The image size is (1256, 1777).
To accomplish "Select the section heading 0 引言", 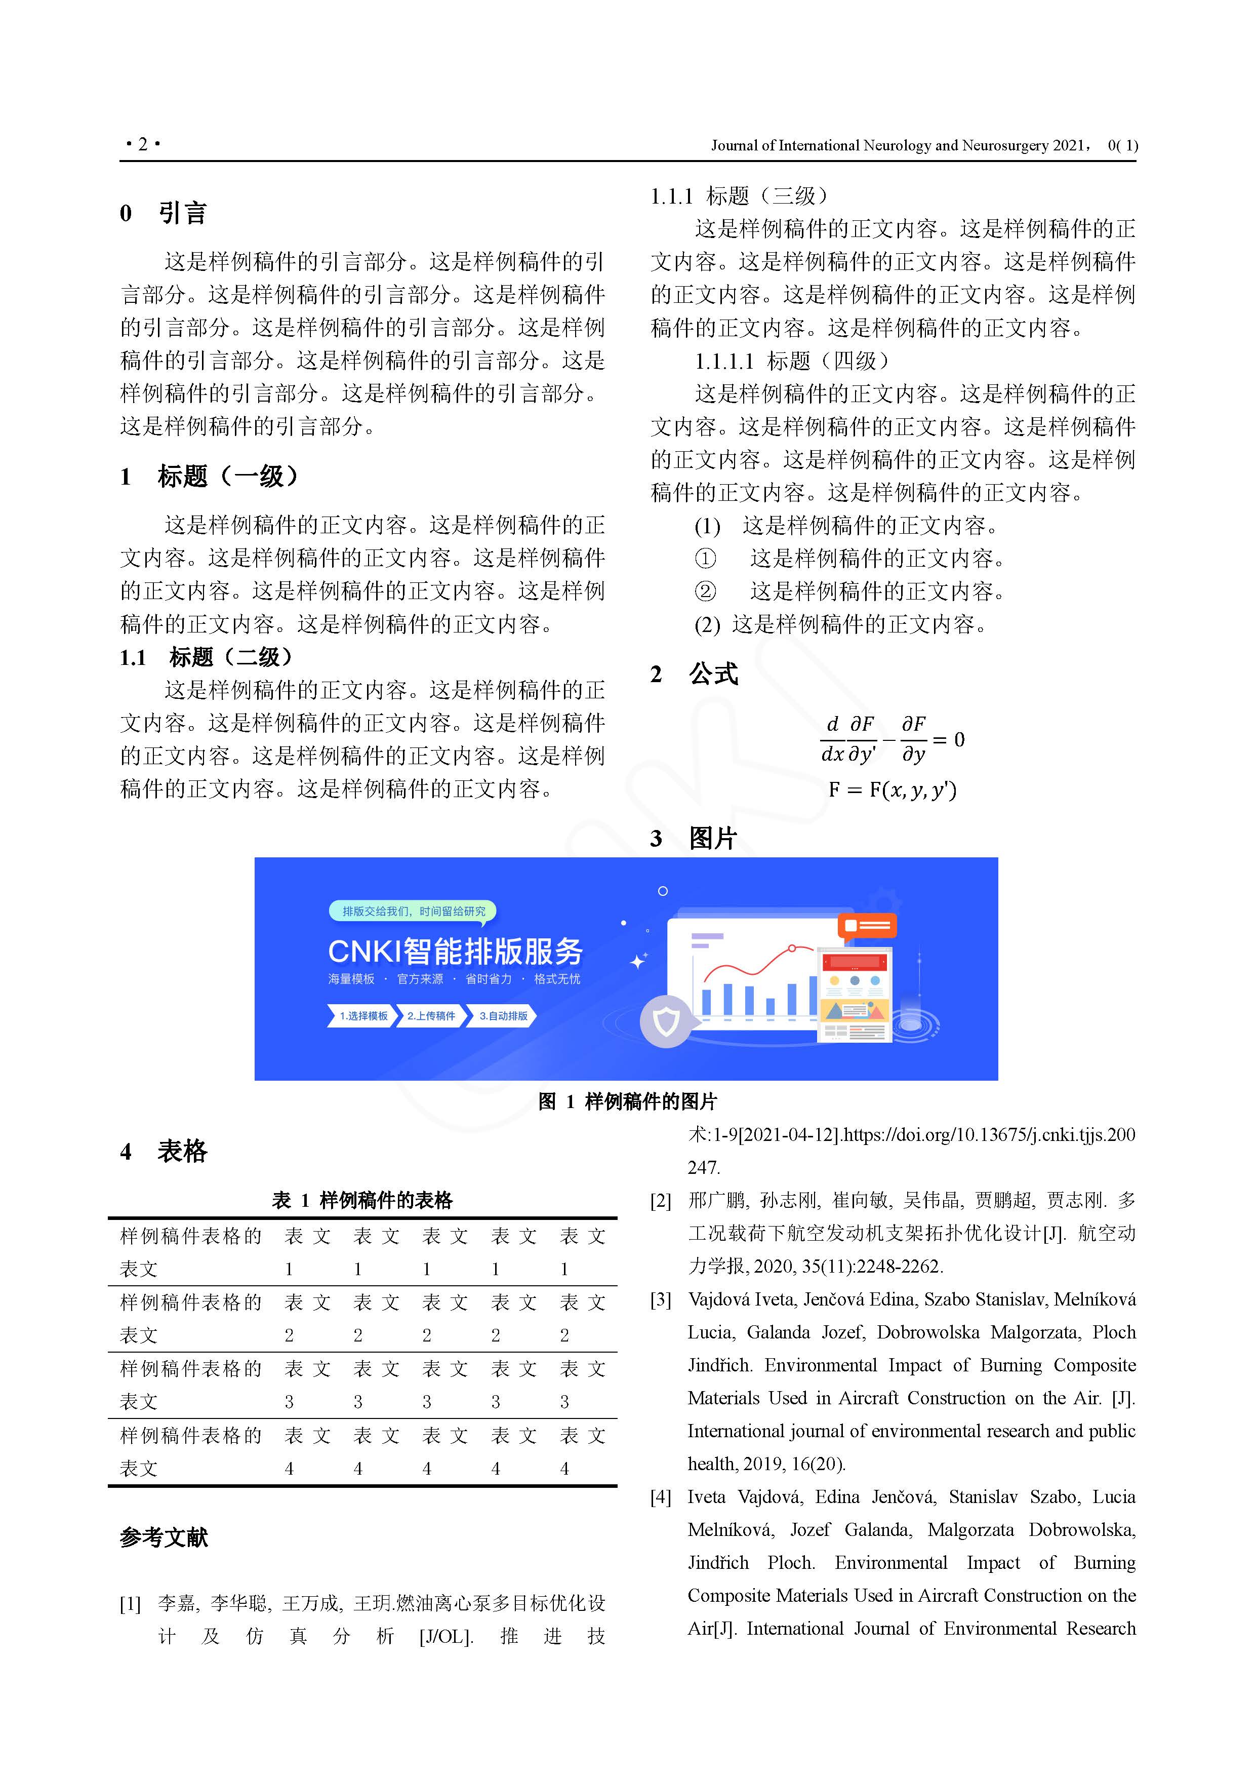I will click(x=164, y=213).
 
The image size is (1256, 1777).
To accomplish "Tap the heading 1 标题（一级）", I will click(x=209, y=476).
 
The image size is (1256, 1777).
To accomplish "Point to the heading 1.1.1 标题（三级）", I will click(x=739, y=196).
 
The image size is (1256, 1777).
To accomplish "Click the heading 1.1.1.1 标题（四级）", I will click(x=792, y=361).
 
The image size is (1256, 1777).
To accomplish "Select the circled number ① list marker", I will click(x=705, y=558).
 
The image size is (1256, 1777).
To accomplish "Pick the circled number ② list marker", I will click(x=705, y=591).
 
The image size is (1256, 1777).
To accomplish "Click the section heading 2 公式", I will click(x=694, y=674).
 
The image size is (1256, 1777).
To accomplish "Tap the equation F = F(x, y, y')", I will click(x=893, y=789).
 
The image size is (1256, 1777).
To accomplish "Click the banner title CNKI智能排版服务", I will click(x=455, y=951).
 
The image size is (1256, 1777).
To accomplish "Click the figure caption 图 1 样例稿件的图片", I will click(x=628, y=1101).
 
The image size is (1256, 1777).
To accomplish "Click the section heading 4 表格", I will click(x=164, y=1152).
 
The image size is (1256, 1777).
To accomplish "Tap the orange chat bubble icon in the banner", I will click(x=866, y=926).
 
